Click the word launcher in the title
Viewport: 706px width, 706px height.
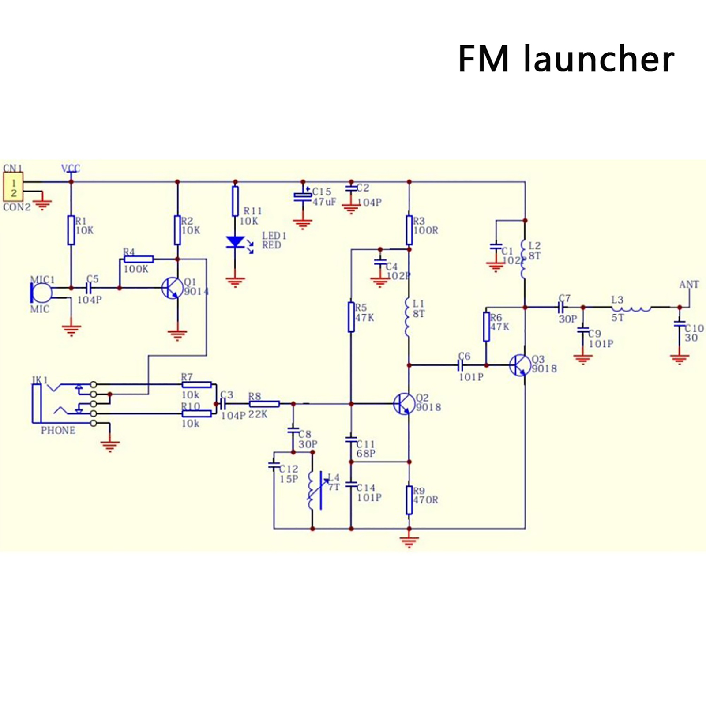point(599,59)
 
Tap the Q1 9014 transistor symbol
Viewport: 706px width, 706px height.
point(173,288)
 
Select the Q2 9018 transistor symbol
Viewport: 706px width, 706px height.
point(404,404)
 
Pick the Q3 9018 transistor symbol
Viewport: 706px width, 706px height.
point(520,365)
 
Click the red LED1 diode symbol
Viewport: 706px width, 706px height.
point(235,242)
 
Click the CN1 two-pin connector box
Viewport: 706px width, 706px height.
point(13,187)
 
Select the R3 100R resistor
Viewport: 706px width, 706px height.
point(409,230)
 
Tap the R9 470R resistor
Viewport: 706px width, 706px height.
point(409,500)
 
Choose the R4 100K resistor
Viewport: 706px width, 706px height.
point(138,259)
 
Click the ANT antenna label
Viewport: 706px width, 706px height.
point(689,285)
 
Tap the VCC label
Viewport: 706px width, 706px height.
point(70,168)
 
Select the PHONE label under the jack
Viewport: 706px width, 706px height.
point(58,430)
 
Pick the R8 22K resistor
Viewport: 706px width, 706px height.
point(264,404)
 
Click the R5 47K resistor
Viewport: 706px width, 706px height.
point(351,316)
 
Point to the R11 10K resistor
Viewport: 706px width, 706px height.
point(235,201)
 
